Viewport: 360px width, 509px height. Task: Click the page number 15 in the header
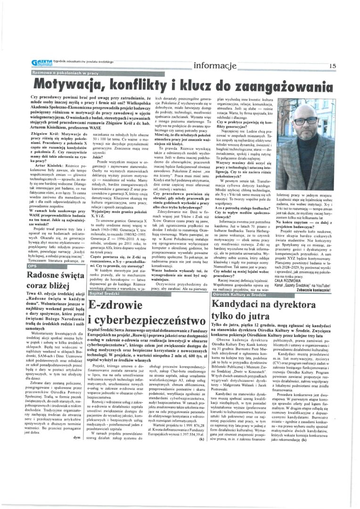pyautogui.click(x=333, y=66)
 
